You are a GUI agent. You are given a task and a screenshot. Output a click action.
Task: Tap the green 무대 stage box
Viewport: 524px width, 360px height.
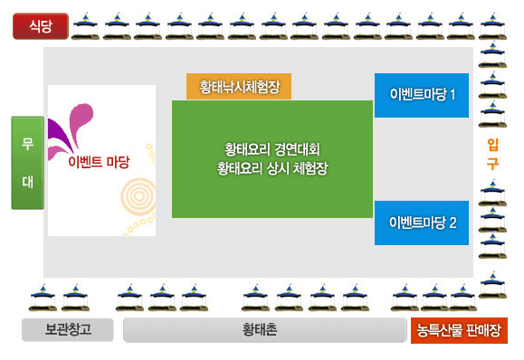tap(27, 163)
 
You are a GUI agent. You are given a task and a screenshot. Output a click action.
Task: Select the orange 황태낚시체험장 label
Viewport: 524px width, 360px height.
tap(239, 87)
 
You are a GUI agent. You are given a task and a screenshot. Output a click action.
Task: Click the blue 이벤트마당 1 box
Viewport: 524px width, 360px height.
tap(422, 95)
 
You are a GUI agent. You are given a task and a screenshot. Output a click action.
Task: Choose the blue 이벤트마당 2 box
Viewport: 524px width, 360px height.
tap(422, 223)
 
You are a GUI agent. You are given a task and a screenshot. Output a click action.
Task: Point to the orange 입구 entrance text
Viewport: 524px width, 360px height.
tap(492, 155)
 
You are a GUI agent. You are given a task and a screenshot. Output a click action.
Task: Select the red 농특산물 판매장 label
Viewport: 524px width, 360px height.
tap(458, 330)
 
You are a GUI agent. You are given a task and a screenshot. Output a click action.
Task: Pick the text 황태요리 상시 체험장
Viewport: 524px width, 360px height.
tap(272, 168)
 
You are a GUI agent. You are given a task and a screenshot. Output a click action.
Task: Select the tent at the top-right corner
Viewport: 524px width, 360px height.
tap(491, 24)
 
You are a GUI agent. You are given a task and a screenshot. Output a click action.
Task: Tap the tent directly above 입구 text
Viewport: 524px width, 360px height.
tap(491, 113)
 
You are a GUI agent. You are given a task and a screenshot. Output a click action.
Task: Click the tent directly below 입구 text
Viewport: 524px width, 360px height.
tap(491, 192)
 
